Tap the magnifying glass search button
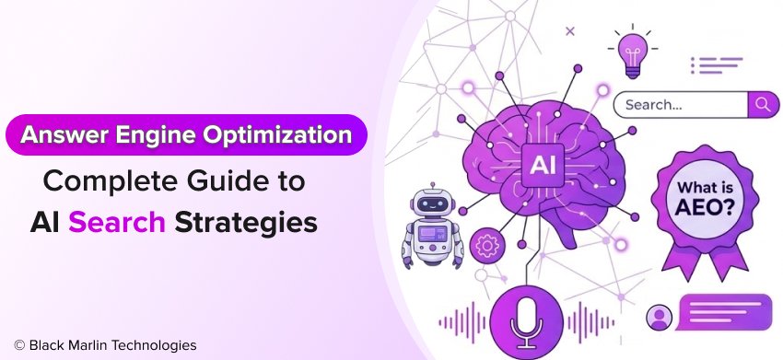pyautogui.click(x=763, y=105)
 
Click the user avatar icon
pyautogui.click(x=659, y=317)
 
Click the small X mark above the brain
pyautogui.click(x=570, y=31)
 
